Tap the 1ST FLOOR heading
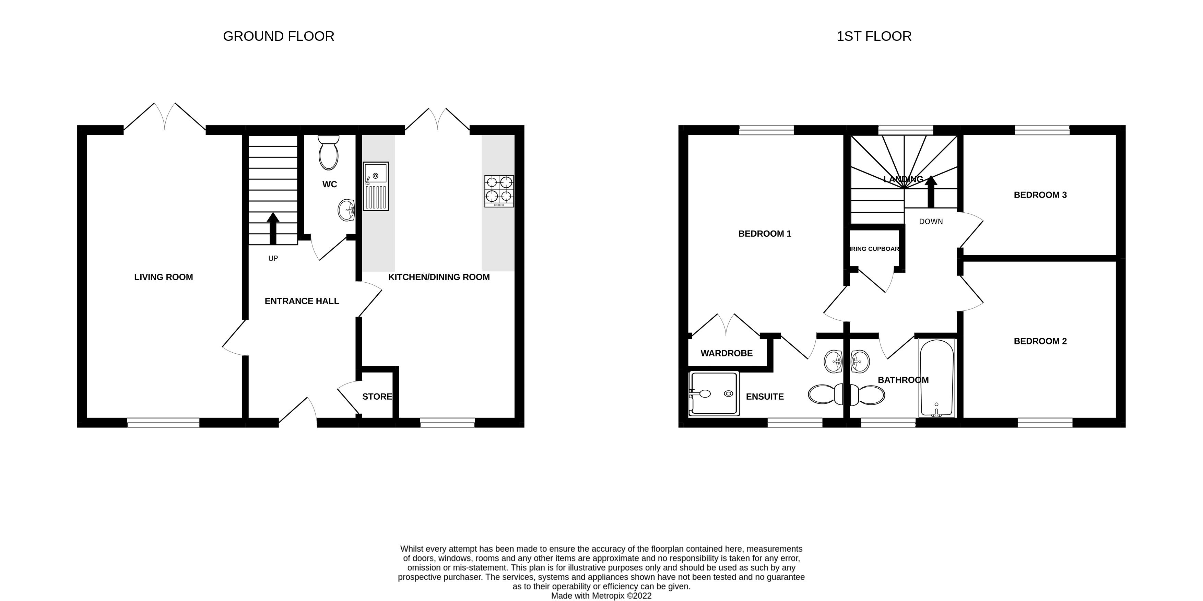pyautogui.click(x=873, y=36)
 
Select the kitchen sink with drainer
pyautogui.click(x=376, y=186)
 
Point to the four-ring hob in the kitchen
pyautogui.click(x=499, y=191)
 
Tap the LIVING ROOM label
pyautogui.click(x=163, y=277)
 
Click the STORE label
pyautogui.click(x=377, y=397)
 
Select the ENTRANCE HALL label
pyautogui.click(x=302, y=301)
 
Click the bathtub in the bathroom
pyautogui.click(x=936, y=377)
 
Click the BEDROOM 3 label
pyautogui.click(x=1040, y=195)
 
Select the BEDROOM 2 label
pyautogui.click(x=1040, y=341)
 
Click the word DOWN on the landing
pyautogui.click(x=931, y=221)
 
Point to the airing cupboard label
pyautogui.click(x=874, y=249)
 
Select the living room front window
pyautogui.click(x=163, y=423)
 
